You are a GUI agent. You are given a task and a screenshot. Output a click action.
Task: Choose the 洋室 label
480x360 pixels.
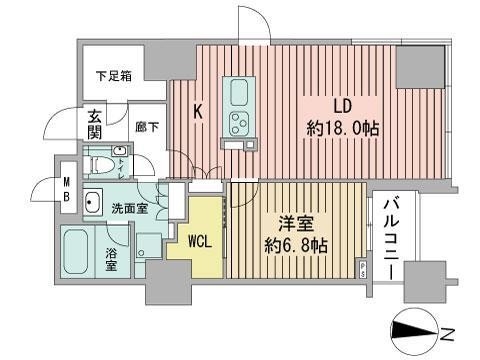293,224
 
